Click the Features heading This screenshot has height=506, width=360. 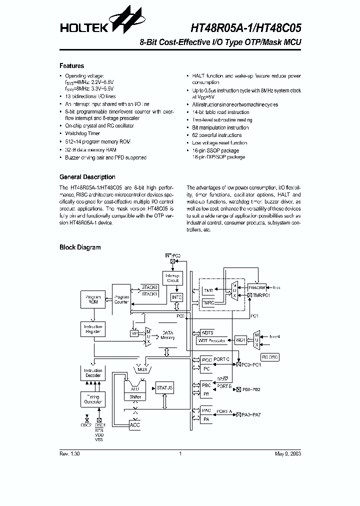[72, 66]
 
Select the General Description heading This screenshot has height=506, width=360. [87, 177]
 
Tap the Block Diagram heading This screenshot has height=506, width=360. [80, 247]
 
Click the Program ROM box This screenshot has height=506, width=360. [93, 299]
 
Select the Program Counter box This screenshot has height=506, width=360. [121, 299]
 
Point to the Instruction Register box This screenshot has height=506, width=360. [93, 329]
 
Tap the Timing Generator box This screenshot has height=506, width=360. [93, 398]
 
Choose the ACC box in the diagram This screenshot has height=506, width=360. [135, 425]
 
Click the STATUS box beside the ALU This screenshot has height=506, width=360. [164, 387]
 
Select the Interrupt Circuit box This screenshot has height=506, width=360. [173, 278]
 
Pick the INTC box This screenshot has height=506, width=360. [177, 297]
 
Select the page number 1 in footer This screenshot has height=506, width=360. [179, 454]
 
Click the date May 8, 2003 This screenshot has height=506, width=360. [287, 454]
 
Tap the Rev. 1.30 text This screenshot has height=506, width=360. [69, 454]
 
